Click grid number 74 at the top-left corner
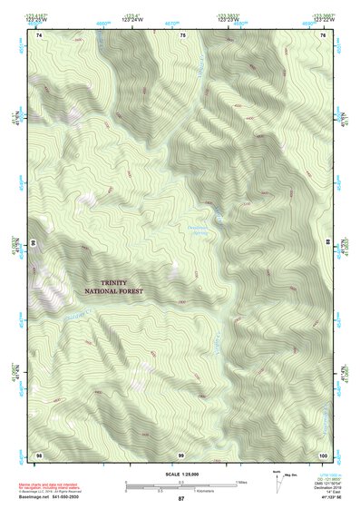point(39,34)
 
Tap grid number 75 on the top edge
point(181,34)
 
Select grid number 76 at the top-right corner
point(323,34)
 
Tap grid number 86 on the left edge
point(34,244)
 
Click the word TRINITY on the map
point(119,282)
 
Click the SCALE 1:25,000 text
point(181,473)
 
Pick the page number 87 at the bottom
point(181,500)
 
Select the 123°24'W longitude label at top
point(132,18)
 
